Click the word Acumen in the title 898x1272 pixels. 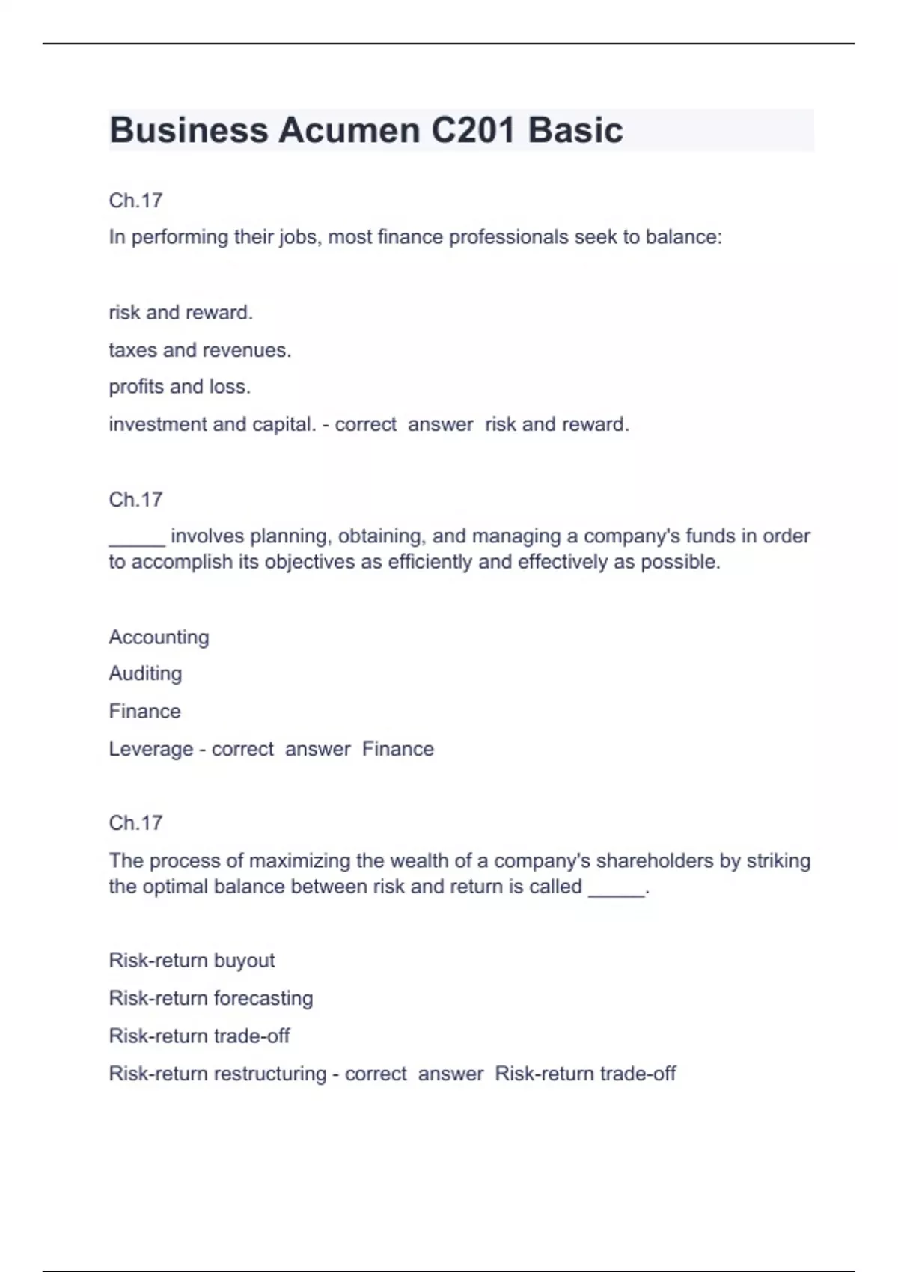[349, 130]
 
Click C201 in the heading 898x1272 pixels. [473, 130]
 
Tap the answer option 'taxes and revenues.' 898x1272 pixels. [200, 350]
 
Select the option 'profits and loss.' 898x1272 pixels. [180, 387]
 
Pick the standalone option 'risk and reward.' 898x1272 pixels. [181, 313]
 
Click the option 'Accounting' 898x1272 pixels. [159, 637]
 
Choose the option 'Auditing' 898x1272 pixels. [145, 674]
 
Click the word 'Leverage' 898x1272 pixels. [150, 749]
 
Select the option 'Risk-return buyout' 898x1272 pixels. [192, 961]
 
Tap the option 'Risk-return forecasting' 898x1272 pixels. [211, 998]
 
